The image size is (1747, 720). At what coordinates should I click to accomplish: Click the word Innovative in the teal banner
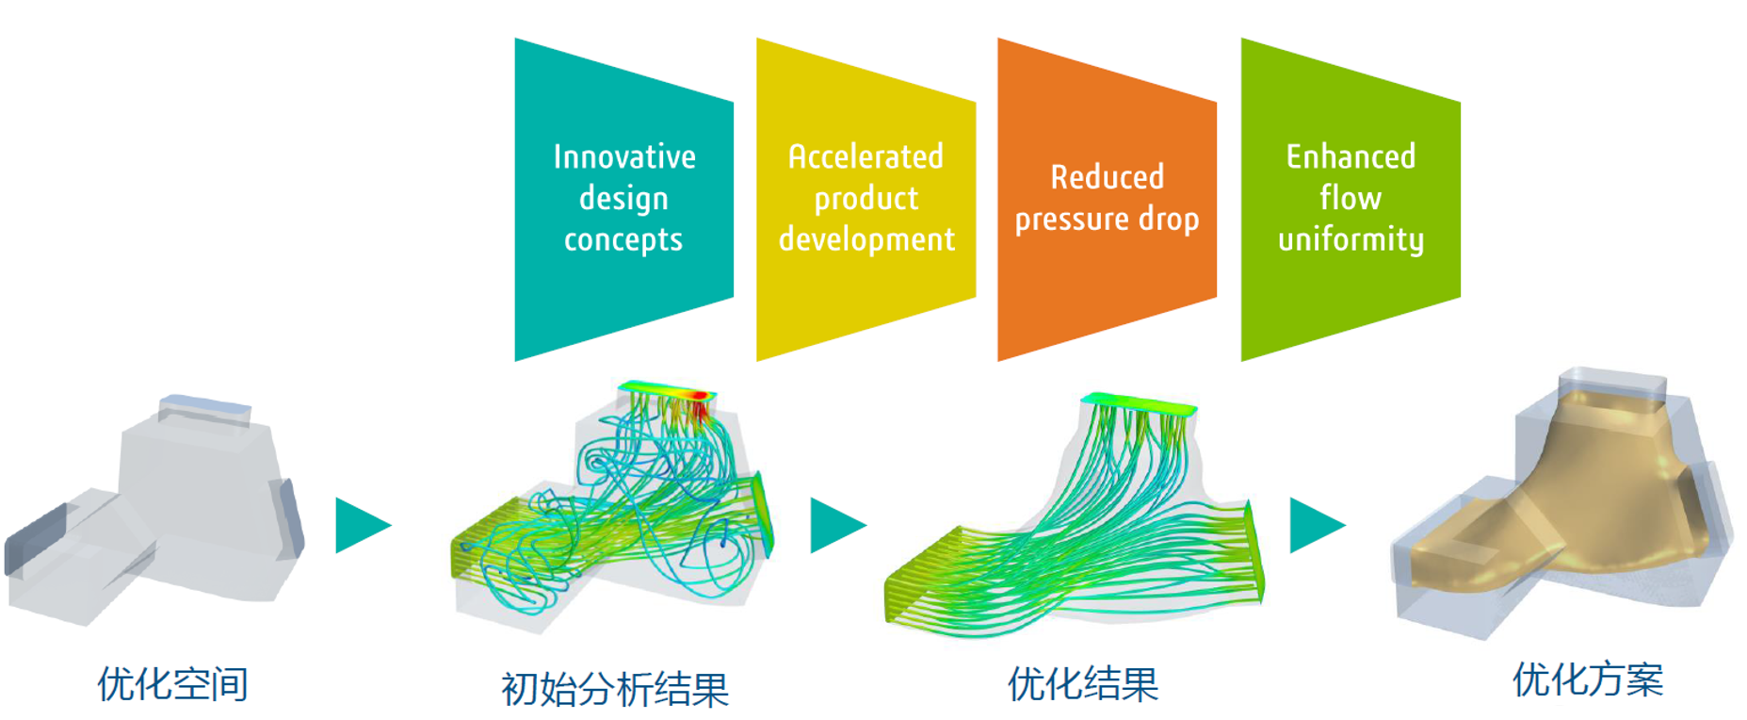click(x=624, y=156)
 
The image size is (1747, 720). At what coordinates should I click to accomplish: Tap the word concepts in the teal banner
click(x=623, y=240)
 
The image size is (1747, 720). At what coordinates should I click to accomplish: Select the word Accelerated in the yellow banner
click(x=865, y=156)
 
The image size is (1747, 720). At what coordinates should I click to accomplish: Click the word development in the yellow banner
click(x=866, y=239)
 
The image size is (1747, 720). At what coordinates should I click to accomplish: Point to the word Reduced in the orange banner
click(x=1108, y=177)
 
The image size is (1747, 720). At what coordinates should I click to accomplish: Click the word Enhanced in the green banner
click(x=1351, y=156)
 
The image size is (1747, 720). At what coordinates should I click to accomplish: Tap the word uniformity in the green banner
click(x=1351, y=239)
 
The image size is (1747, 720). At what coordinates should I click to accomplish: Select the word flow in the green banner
click(x=1351, y=198)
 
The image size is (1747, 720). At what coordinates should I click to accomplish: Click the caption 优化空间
click(x=173, y=683)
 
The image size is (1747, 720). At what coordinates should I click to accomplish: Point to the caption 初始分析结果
click(x=615, y=689)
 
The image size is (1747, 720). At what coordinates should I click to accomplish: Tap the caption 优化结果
click(x=1083, y=683)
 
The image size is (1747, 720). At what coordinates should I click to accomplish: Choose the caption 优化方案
click(x=1588, y=679)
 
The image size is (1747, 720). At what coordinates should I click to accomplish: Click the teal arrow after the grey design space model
click(x=360, y=525)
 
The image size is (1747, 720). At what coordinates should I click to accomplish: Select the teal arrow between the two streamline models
click(x=834, y=525)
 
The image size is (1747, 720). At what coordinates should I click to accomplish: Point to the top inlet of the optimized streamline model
click(x=1140, y=403)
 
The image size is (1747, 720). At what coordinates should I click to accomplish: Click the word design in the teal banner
click(x=623, y=199)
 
